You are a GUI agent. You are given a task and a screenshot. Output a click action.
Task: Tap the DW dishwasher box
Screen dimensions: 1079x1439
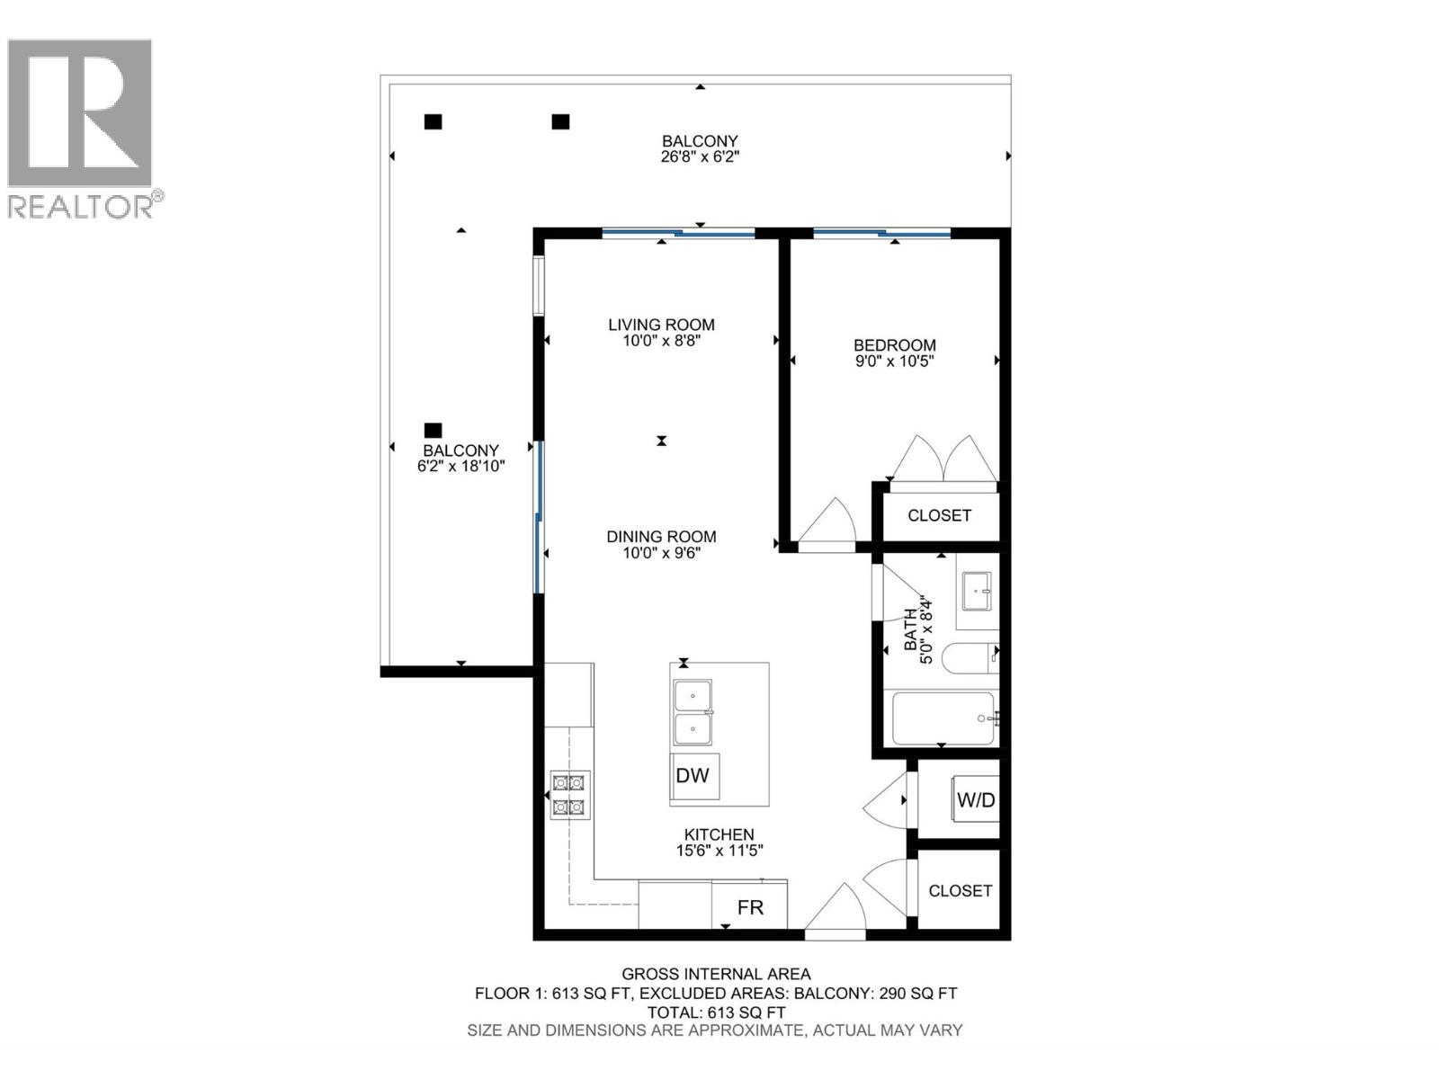[x=693, y=776]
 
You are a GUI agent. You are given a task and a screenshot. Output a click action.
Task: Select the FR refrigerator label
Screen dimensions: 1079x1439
[x=750, y=907]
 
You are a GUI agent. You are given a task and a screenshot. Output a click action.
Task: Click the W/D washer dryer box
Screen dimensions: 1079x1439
[x=976, y=799]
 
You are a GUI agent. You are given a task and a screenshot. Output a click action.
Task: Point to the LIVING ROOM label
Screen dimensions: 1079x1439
[x=661, y=325]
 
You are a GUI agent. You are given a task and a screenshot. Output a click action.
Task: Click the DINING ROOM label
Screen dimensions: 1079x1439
[x=661, y=537]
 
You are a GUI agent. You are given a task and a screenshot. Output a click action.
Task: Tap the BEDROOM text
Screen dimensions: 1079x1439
[x=894, y=345]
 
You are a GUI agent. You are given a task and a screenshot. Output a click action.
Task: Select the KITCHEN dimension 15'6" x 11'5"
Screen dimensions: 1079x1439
[x=719, y=851]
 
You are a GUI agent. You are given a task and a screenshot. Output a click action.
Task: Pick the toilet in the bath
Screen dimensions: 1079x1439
[x=970, y=658]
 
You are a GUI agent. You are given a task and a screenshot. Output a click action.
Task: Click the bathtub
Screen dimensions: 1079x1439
[x=943, y=718]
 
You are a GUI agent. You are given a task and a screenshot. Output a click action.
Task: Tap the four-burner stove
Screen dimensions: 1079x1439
[x=568, y=795]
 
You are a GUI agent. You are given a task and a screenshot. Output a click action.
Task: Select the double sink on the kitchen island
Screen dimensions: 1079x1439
[x=693, y=713]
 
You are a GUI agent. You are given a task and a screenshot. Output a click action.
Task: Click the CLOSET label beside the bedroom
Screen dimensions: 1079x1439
[x=939, y=515]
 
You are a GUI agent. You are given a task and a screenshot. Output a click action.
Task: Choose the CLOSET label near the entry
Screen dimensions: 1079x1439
[x=960, y=890]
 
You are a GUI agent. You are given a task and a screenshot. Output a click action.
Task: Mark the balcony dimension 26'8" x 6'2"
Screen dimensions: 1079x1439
[x=700, y=156]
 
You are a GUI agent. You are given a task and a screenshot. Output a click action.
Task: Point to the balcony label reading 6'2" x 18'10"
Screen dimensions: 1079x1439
[x=460, y=467]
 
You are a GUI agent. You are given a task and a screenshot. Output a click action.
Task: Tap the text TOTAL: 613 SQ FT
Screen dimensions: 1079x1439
[x=716, y=1012]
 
